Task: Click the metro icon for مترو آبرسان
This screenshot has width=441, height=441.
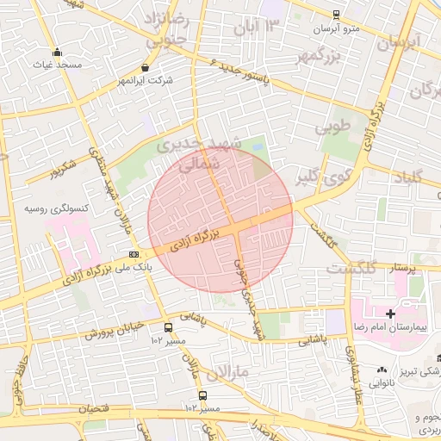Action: pyautogui.click(x=336, y=15)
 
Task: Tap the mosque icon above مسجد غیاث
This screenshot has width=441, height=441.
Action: pyautogui.click(x=57, y=52)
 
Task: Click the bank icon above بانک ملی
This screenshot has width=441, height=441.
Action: pyautogui.click(x=134, y=254)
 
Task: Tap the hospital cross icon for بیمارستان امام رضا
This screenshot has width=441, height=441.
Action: pyautogui.click(x=390, y=314)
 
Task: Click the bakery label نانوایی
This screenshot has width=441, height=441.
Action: pyautogui.click(x=384, y=383)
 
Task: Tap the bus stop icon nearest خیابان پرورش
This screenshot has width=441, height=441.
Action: pyautogui.click(x=168, y=327)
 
